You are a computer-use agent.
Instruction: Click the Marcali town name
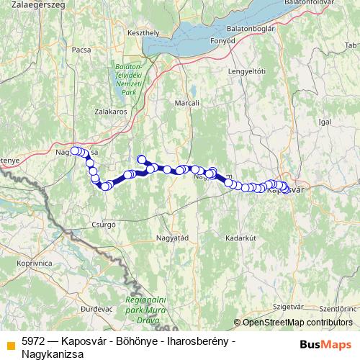(x=186, y=104)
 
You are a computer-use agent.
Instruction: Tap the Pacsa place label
(x=81, y=50)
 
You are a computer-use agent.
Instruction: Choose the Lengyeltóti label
(x=247, y=71)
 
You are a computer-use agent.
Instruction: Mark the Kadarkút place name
(x=240, y=237)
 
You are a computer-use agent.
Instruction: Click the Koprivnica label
(x=32, y=264)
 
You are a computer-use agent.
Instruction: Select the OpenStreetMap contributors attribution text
(x=297, y=322)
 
